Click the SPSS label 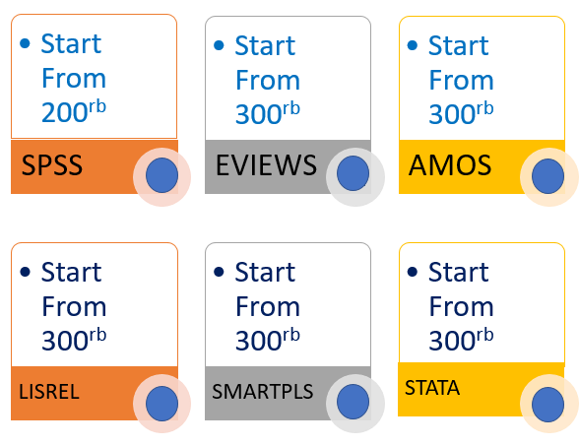pyautogui.click(x=52, y=164)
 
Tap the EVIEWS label pyautogui.click(x=266, y=164)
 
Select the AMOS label pyautogui.click(x=450, y=164)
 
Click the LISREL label pyautogui.click(x=49, y=392)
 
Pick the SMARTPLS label pyautogui.click(x=263, y=392)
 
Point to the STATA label pyautogui.click(x=432, y=388)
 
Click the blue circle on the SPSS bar pyautogui.click(x=161, y=175)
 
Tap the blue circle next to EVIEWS pyautogui.click(x=353, y=173)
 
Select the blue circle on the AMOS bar pyautogui.click(x=547, y=176)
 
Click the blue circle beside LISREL pyautogui.click(x=161, y=404)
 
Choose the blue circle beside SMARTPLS pyautogui.click(x=353, y=402)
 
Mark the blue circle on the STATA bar pyautogui.click(x=547, y=405)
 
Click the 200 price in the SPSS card pyautogui.click(x=65, y=112)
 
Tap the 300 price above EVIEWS pyautogui.click(x=258, y=114)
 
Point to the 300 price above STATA pyautogui.click(x=452, y=340)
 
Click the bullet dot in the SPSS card pyautogui.click(x=25, y=43)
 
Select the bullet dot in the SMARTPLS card pyautogui.click(x=219, y=272)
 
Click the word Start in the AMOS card pyautogui.click(x=459, y=45)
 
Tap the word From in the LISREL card pyautogui.click(x=74, y=306)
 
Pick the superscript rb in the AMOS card pyautogui.click(x=484, y=108)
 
